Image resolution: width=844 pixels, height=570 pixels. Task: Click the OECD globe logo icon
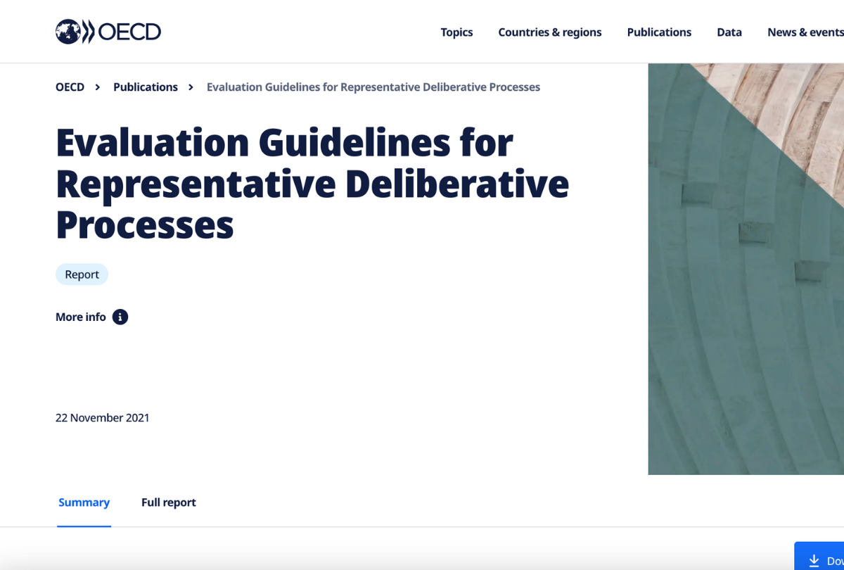[68, 32]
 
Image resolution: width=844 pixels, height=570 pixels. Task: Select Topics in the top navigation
[456, 32]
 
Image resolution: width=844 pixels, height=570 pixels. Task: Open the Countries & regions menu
[549, 32]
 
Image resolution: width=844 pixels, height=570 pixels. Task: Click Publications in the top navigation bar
[659, 32]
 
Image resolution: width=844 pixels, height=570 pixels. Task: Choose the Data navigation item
[729, 32]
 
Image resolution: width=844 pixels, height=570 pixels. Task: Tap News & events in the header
[805, 32]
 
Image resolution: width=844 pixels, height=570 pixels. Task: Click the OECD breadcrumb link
[70, 87]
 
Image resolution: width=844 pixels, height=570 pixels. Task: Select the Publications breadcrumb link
[146, 87]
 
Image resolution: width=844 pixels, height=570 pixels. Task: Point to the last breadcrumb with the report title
[373, 87]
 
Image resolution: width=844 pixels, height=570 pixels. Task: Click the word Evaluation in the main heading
[152, 143]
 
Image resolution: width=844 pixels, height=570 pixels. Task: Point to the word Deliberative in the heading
[457, 184]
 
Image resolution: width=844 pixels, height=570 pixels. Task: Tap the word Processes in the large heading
[144, 224]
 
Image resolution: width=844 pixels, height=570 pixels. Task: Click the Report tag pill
[82, 274]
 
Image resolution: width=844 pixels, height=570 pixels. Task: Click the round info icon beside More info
[120, 317]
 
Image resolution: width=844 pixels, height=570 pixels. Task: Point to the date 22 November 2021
[103, 417]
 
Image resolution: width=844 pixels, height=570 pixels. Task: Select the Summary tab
[84, 502]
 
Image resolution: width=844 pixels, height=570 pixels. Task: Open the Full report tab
[169, 502]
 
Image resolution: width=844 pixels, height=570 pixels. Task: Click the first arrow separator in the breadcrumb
[98, 87]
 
